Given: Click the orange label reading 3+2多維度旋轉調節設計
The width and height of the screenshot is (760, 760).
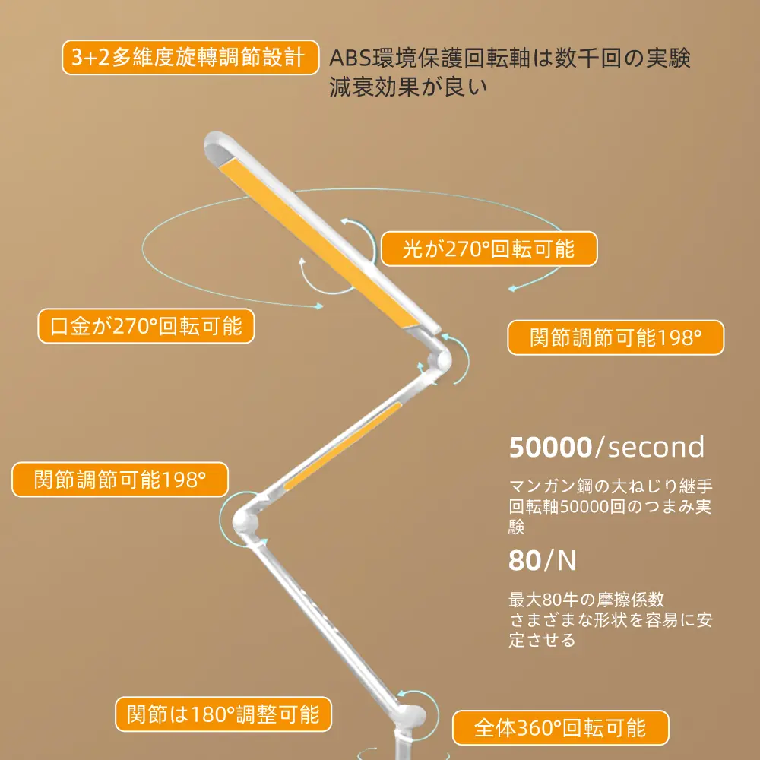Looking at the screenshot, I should coord(190,59).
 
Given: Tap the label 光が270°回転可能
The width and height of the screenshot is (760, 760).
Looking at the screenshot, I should coord(489,250).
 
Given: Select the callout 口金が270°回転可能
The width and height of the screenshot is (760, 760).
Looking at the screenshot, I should coord(146,327).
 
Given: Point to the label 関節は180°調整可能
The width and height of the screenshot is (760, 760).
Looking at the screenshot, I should coord(223,714).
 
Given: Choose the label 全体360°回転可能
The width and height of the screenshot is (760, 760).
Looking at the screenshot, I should coord(560,728).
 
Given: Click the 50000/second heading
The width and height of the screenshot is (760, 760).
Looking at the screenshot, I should coord(606,447).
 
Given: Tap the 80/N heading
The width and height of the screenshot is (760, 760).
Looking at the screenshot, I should coord(543,561).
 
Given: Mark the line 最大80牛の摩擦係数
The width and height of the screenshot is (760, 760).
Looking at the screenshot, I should coord(587,599).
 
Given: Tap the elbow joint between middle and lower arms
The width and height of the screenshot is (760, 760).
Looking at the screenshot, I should coord(245,521).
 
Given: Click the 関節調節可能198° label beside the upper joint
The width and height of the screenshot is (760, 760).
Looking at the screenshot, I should coord(616,338).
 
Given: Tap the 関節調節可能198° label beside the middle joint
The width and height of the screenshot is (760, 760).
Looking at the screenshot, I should coord(120,480).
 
